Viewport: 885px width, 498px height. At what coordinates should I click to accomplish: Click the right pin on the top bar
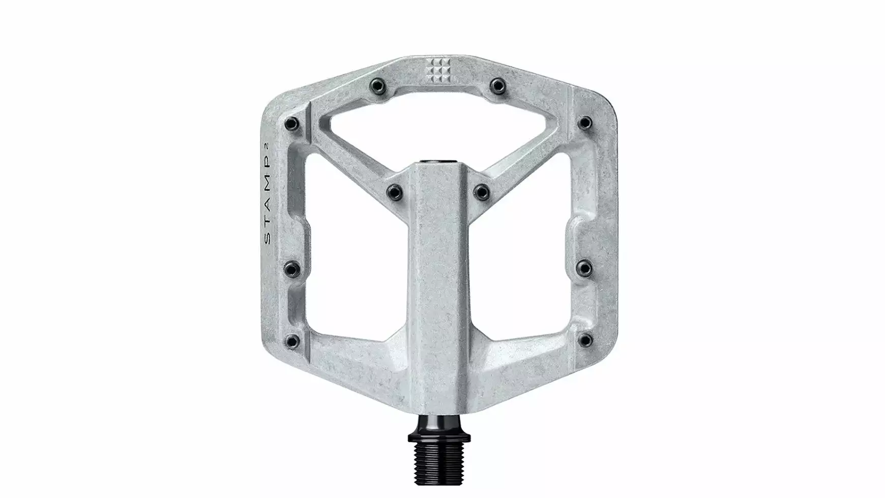tap(497, 85)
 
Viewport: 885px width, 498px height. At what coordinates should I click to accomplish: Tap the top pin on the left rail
tap(292, 123)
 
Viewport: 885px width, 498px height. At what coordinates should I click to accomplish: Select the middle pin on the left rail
tap(292, 267)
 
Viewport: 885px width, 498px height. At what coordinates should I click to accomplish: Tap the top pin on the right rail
tap(585, 123)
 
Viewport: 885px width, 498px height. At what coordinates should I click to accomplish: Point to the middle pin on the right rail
tap(585, 267)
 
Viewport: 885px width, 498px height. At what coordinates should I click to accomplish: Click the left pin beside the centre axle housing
tap(395, 191)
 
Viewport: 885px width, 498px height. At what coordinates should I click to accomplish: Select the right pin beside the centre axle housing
tap(481, 191)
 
